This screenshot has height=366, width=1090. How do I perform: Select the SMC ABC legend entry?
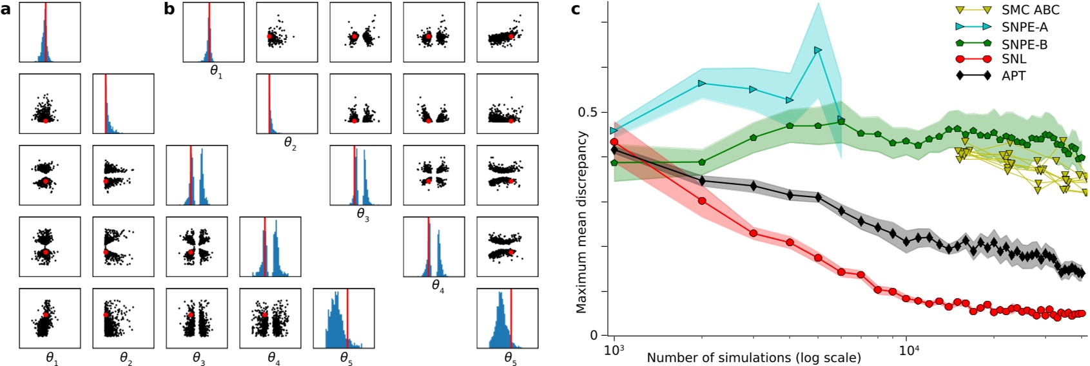pyautogui.click(x=1030, y=10)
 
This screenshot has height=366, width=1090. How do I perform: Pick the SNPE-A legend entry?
pyautogui.click(x=1024, y=27)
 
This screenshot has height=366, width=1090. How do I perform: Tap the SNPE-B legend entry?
pyautogui.click(x=1024, y=44)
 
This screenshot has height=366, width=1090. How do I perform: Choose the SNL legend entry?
pyautogui.click(x=1013, y=59)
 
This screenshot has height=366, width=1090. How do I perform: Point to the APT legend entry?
pyautogui.click(x=1013, y=76)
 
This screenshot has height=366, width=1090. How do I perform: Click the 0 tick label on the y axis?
pyautogui.click(x=594, y=336)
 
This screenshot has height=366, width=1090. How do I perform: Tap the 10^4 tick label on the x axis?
pyautogui.click(x=906, y=351)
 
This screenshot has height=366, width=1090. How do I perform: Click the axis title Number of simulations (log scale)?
pyautogui.click(x=754, y=358)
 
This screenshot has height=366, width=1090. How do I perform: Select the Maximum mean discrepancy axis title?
pyautogui.click(x=582, y=222)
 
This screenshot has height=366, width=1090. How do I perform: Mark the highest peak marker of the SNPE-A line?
pyautogui.click(x=818, y=50)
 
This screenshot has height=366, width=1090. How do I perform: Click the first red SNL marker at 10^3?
pyautogui.click(x=614, y=142)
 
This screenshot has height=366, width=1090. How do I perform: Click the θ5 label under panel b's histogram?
pyautogui.click(x=510, y=358)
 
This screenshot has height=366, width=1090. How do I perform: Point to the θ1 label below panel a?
pyautogui.click(x=52, y=358)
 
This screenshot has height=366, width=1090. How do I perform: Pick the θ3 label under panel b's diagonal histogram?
pyautogui.click(x=363, y=215)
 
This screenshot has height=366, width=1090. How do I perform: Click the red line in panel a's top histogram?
pyautogui.click(x=45, y=32)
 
